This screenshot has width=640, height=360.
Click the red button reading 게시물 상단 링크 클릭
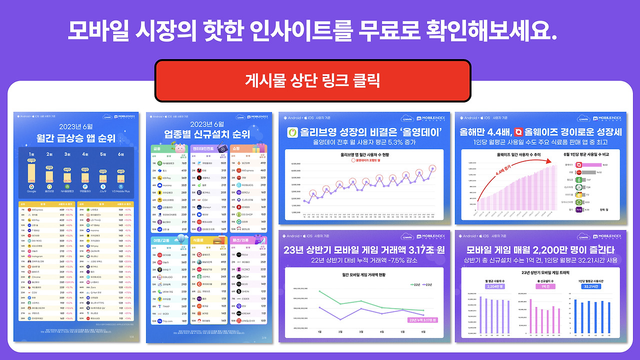point(312,80)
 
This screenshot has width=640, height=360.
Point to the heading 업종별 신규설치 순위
point(209,133)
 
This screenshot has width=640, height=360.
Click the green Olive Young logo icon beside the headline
point(292,133)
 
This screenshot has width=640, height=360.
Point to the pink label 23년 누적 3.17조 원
point(421,320)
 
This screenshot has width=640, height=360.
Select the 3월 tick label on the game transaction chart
point(361,332)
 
